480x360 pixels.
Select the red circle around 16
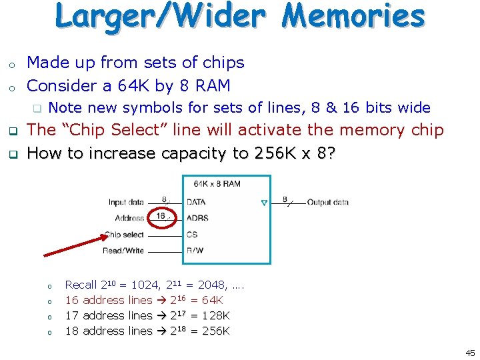point(161,217)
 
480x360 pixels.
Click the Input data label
point(126,202)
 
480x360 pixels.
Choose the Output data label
point(327,202)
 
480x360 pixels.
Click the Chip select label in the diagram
point(124,235)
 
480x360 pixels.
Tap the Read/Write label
point(123,251)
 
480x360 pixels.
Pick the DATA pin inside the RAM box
point(196,202)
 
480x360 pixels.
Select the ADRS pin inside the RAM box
point(197,218)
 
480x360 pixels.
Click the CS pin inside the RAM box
point(192,235)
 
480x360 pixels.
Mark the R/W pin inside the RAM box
point(195,251)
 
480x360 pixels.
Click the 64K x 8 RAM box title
point(217,183)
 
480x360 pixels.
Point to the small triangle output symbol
point(263,202)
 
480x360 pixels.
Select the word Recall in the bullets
point(81,285)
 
